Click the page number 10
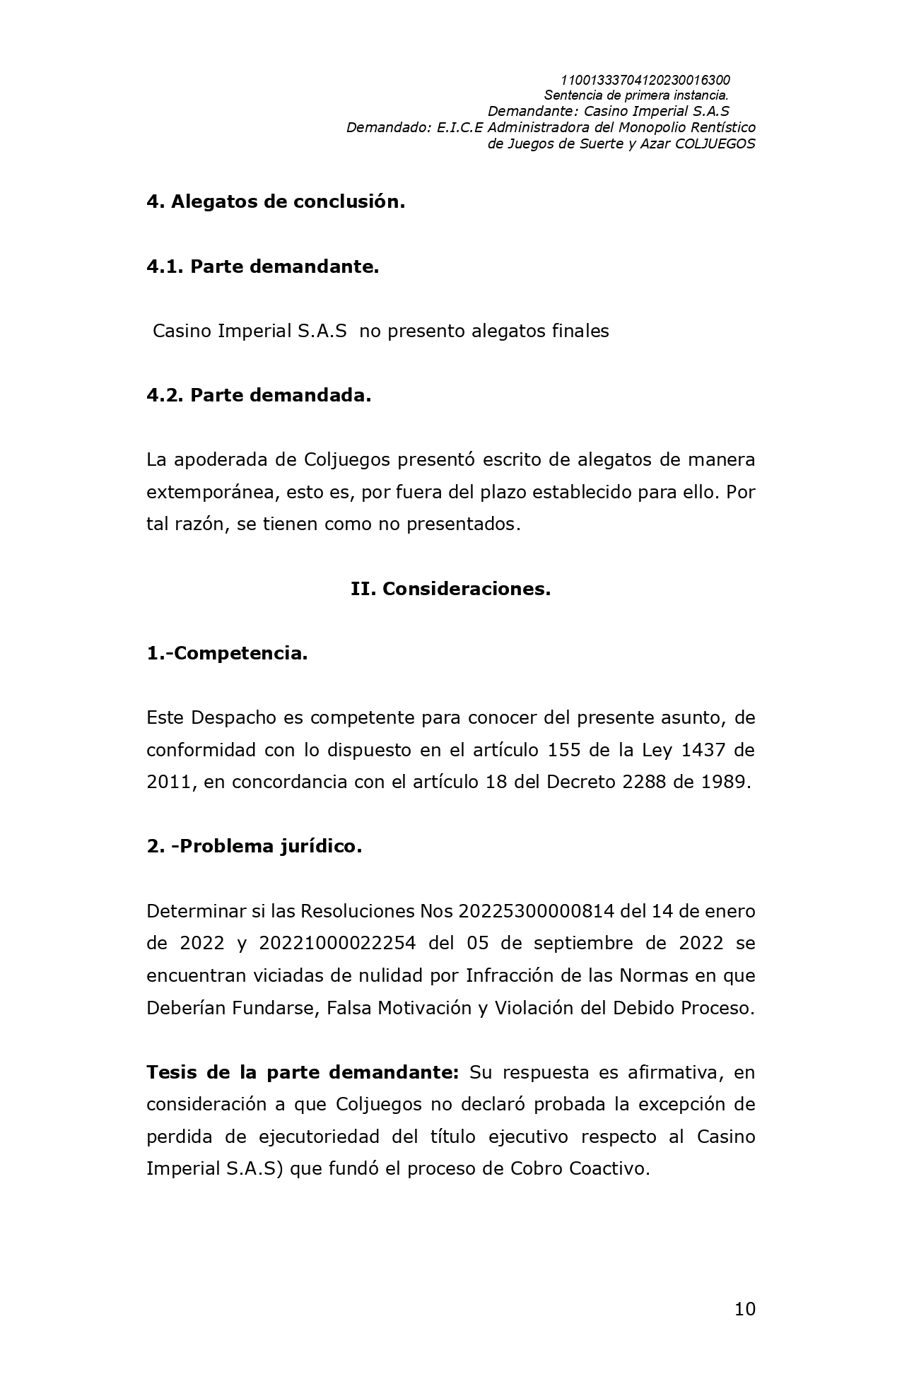click(x=744, y=1309)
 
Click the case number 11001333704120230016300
click(x=645, y=81)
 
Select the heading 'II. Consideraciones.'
click(x=450, y=589)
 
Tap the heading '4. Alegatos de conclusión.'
click(x=276, y=201)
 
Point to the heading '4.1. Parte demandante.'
click(x=262, y=266)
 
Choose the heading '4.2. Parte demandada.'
click(x=259, y=395)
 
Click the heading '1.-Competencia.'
click(x=227, y=653)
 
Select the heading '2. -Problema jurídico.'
click(x=254, y=846)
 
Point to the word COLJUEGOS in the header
click(x=715, y=143)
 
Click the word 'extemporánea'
click(x=210, y=492)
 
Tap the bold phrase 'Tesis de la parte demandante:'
click(x=303, y=1072)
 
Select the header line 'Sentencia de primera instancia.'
click(x=635, y=95)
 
